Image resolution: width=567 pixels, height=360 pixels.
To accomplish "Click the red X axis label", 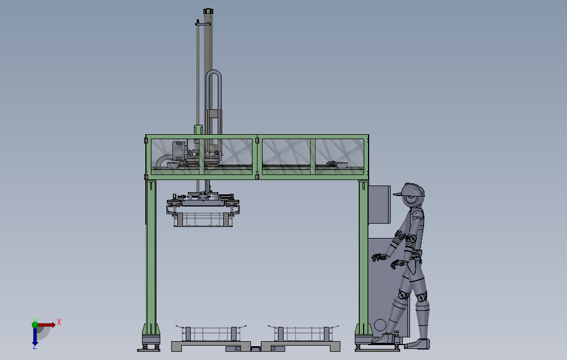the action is click(x=59, y=322).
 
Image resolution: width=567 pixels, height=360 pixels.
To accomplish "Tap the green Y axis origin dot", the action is click(x=35, y=325).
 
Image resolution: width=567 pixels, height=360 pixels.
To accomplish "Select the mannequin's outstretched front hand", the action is click(x=378, y=257).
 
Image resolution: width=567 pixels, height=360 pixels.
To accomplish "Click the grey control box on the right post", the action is click(x=379, y=205).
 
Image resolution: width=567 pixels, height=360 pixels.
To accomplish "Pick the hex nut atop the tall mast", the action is click(x=208, y=11).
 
